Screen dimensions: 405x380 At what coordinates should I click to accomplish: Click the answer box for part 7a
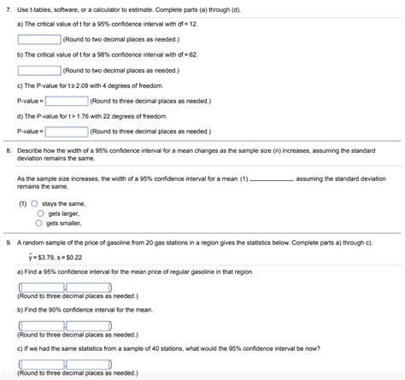pos(38,39)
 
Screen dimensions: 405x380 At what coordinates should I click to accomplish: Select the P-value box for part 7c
pos(66,101)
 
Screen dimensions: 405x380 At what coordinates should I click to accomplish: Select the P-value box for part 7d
pos(66,132)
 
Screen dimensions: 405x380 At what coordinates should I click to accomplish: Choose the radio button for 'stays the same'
pos(35,204)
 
